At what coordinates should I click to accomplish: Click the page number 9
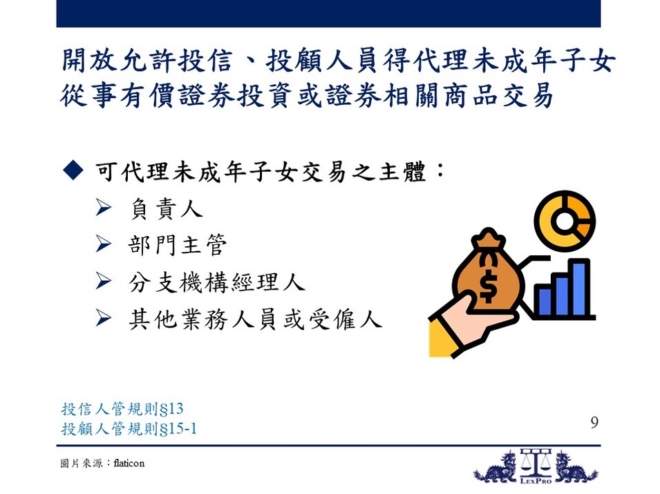pyautogui.click(x=594, y=422)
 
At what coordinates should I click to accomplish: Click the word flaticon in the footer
pyautogui.click(x=129, y=463)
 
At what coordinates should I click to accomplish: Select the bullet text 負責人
pyautogui.click(x=167, y=209)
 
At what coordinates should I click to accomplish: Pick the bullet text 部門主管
pyautogui.click(x=178, y=245)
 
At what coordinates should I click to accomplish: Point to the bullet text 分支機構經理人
pyautogui.click(x=217, y=282)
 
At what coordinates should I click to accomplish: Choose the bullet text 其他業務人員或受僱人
pyautogui.click(x=256, y=319)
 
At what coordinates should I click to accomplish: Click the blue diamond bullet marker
pyautogui.click(x=73, y=170)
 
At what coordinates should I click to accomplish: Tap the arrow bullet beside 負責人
pyautogui.click(x=103, y=208)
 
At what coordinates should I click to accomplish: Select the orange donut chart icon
pyautogui.click(x=565, y=221)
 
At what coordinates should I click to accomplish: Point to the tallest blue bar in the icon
pyautogui.click(x=579, y=288)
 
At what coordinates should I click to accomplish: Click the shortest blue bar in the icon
pyautogui.click(x=545, y=302)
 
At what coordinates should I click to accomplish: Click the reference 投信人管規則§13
pyautogui.click(x=122, y=408)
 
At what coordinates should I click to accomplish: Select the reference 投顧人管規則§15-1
pyautogui.click(x=129, y=428)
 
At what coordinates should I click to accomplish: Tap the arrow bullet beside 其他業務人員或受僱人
pyautogui.click(x=103, y=317)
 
